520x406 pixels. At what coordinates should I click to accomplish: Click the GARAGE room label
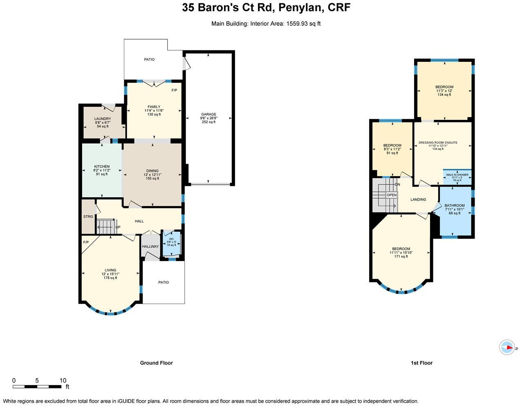click(208, 115)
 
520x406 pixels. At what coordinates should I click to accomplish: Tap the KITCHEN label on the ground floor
click(102, 167)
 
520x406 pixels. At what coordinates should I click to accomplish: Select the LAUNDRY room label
click(103, 119)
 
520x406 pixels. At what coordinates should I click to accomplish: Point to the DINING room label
click(152, 171)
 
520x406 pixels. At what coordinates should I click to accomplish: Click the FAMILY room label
click(154, 107)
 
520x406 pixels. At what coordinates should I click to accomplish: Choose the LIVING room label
click(110, 270)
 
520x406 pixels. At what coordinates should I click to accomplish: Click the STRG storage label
click(88, 217)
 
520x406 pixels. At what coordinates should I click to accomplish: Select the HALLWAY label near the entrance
click(150, 246)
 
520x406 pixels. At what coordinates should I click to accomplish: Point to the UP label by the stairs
click(118, 227)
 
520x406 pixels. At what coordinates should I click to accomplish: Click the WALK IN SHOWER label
click(457, 175)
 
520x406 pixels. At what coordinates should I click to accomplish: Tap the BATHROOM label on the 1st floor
click(455, 205)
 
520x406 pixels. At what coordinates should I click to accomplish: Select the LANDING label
click(418, 200)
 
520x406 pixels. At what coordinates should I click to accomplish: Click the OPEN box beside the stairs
click(392, 195)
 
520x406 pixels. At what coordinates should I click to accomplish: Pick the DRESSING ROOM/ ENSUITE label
click(438, 143)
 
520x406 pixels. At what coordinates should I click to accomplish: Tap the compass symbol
click(507, 347)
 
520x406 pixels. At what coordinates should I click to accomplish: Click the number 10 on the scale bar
click(63, 380)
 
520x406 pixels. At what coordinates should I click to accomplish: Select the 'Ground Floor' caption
click(156, 363)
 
